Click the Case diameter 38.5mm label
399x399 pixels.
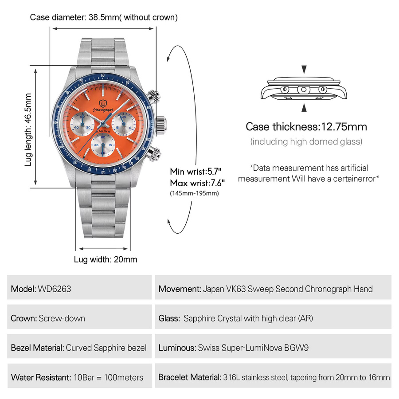pos(104,17)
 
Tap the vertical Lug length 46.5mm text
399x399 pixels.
pos(28,130)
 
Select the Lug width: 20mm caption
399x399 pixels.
pos(106,259)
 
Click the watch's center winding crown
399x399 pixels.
pos(161,125)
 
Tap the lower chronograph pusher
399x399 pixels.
pos(154,154)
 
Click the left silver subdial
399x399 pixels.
pos(82,125)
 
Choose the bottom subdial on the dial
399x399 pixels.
pos(103,145)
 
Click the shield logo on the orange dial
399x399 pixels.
pos(103,103)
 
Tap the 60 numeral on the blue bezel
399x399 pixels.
pos(102,75)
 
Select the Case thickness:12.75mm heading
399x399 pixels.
pos(306,127)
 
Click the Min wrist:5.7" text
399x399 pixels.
pos(196,172)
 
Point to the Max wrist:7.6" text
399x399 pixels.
pos(197,183)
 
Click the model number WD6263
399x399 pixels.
pos(55,289)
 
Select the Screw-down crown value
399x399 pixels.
pos(62,318)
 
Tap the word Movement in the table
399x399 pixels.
pos(180,289)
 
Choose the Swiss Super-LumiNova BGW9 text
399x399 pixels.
pos(253,348)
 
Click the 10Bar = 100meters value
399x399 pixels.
pos(109,377)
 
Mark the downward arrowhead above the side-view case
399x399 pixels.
pos(304,70)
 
